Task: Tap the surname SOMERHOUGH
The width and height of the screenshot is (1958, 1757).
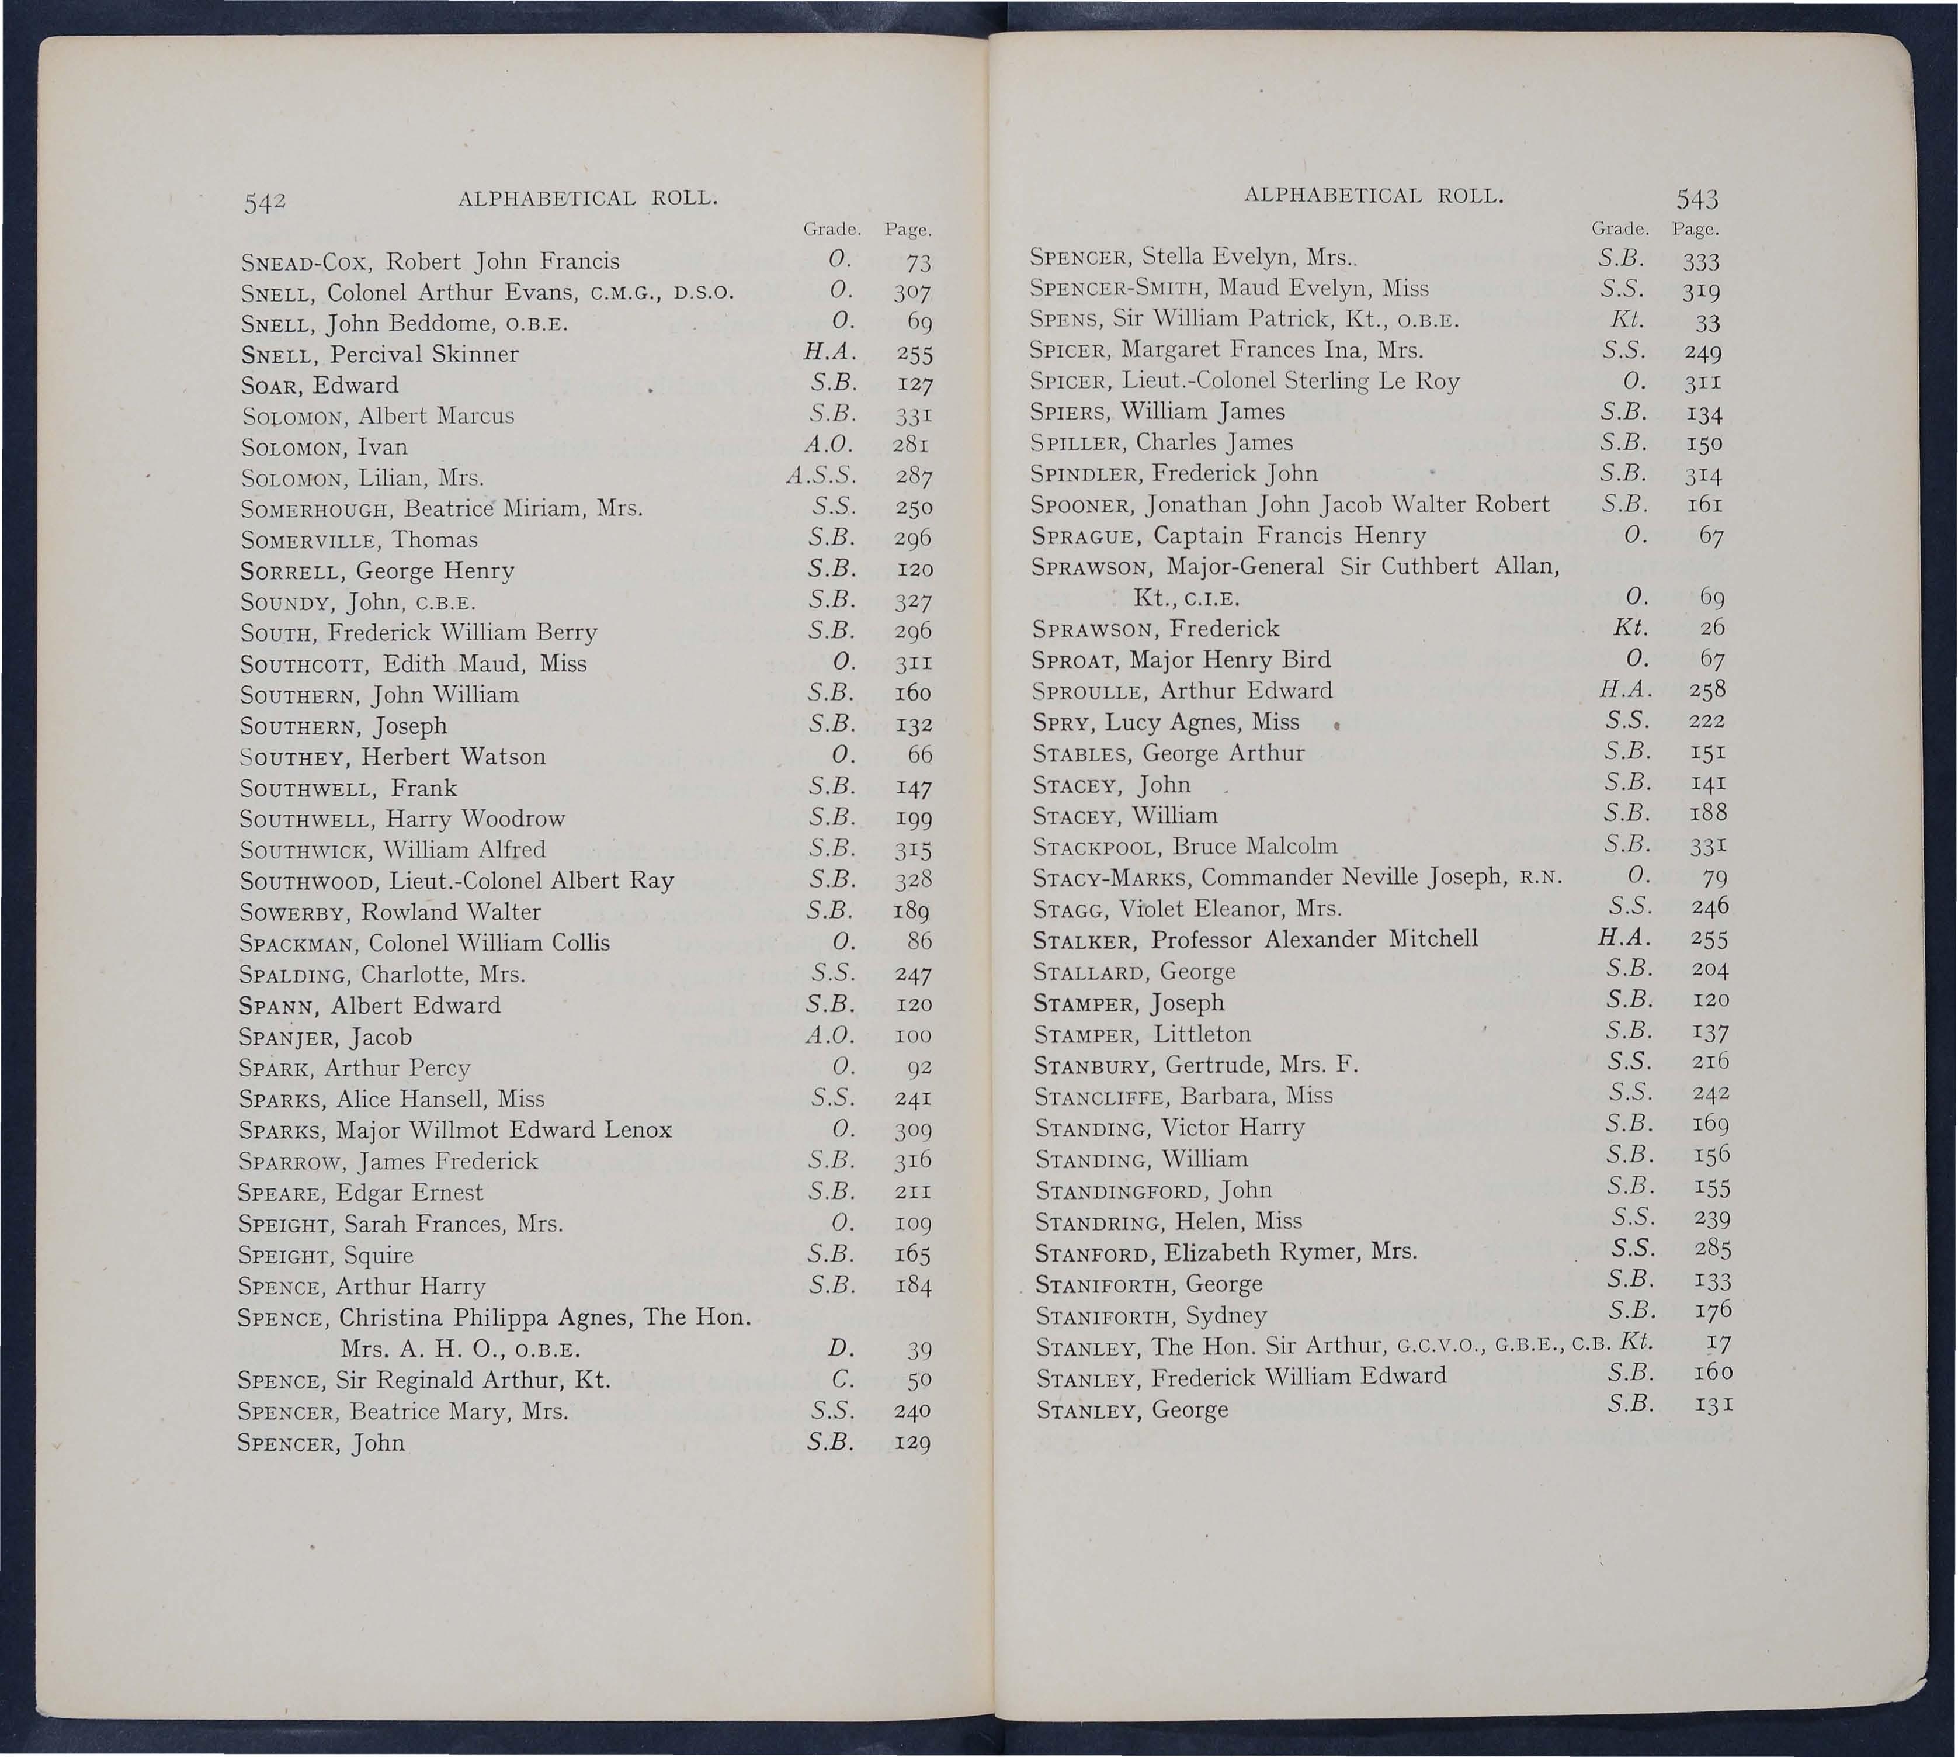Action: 317,509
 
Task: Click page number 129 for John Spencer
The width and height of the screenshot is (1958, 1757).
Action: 911,1444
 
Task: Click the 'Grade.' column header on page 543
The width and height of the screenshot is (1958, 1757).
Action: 1618,230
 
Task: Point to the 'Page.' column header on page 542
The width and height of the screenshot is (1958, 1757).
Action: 907,231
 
